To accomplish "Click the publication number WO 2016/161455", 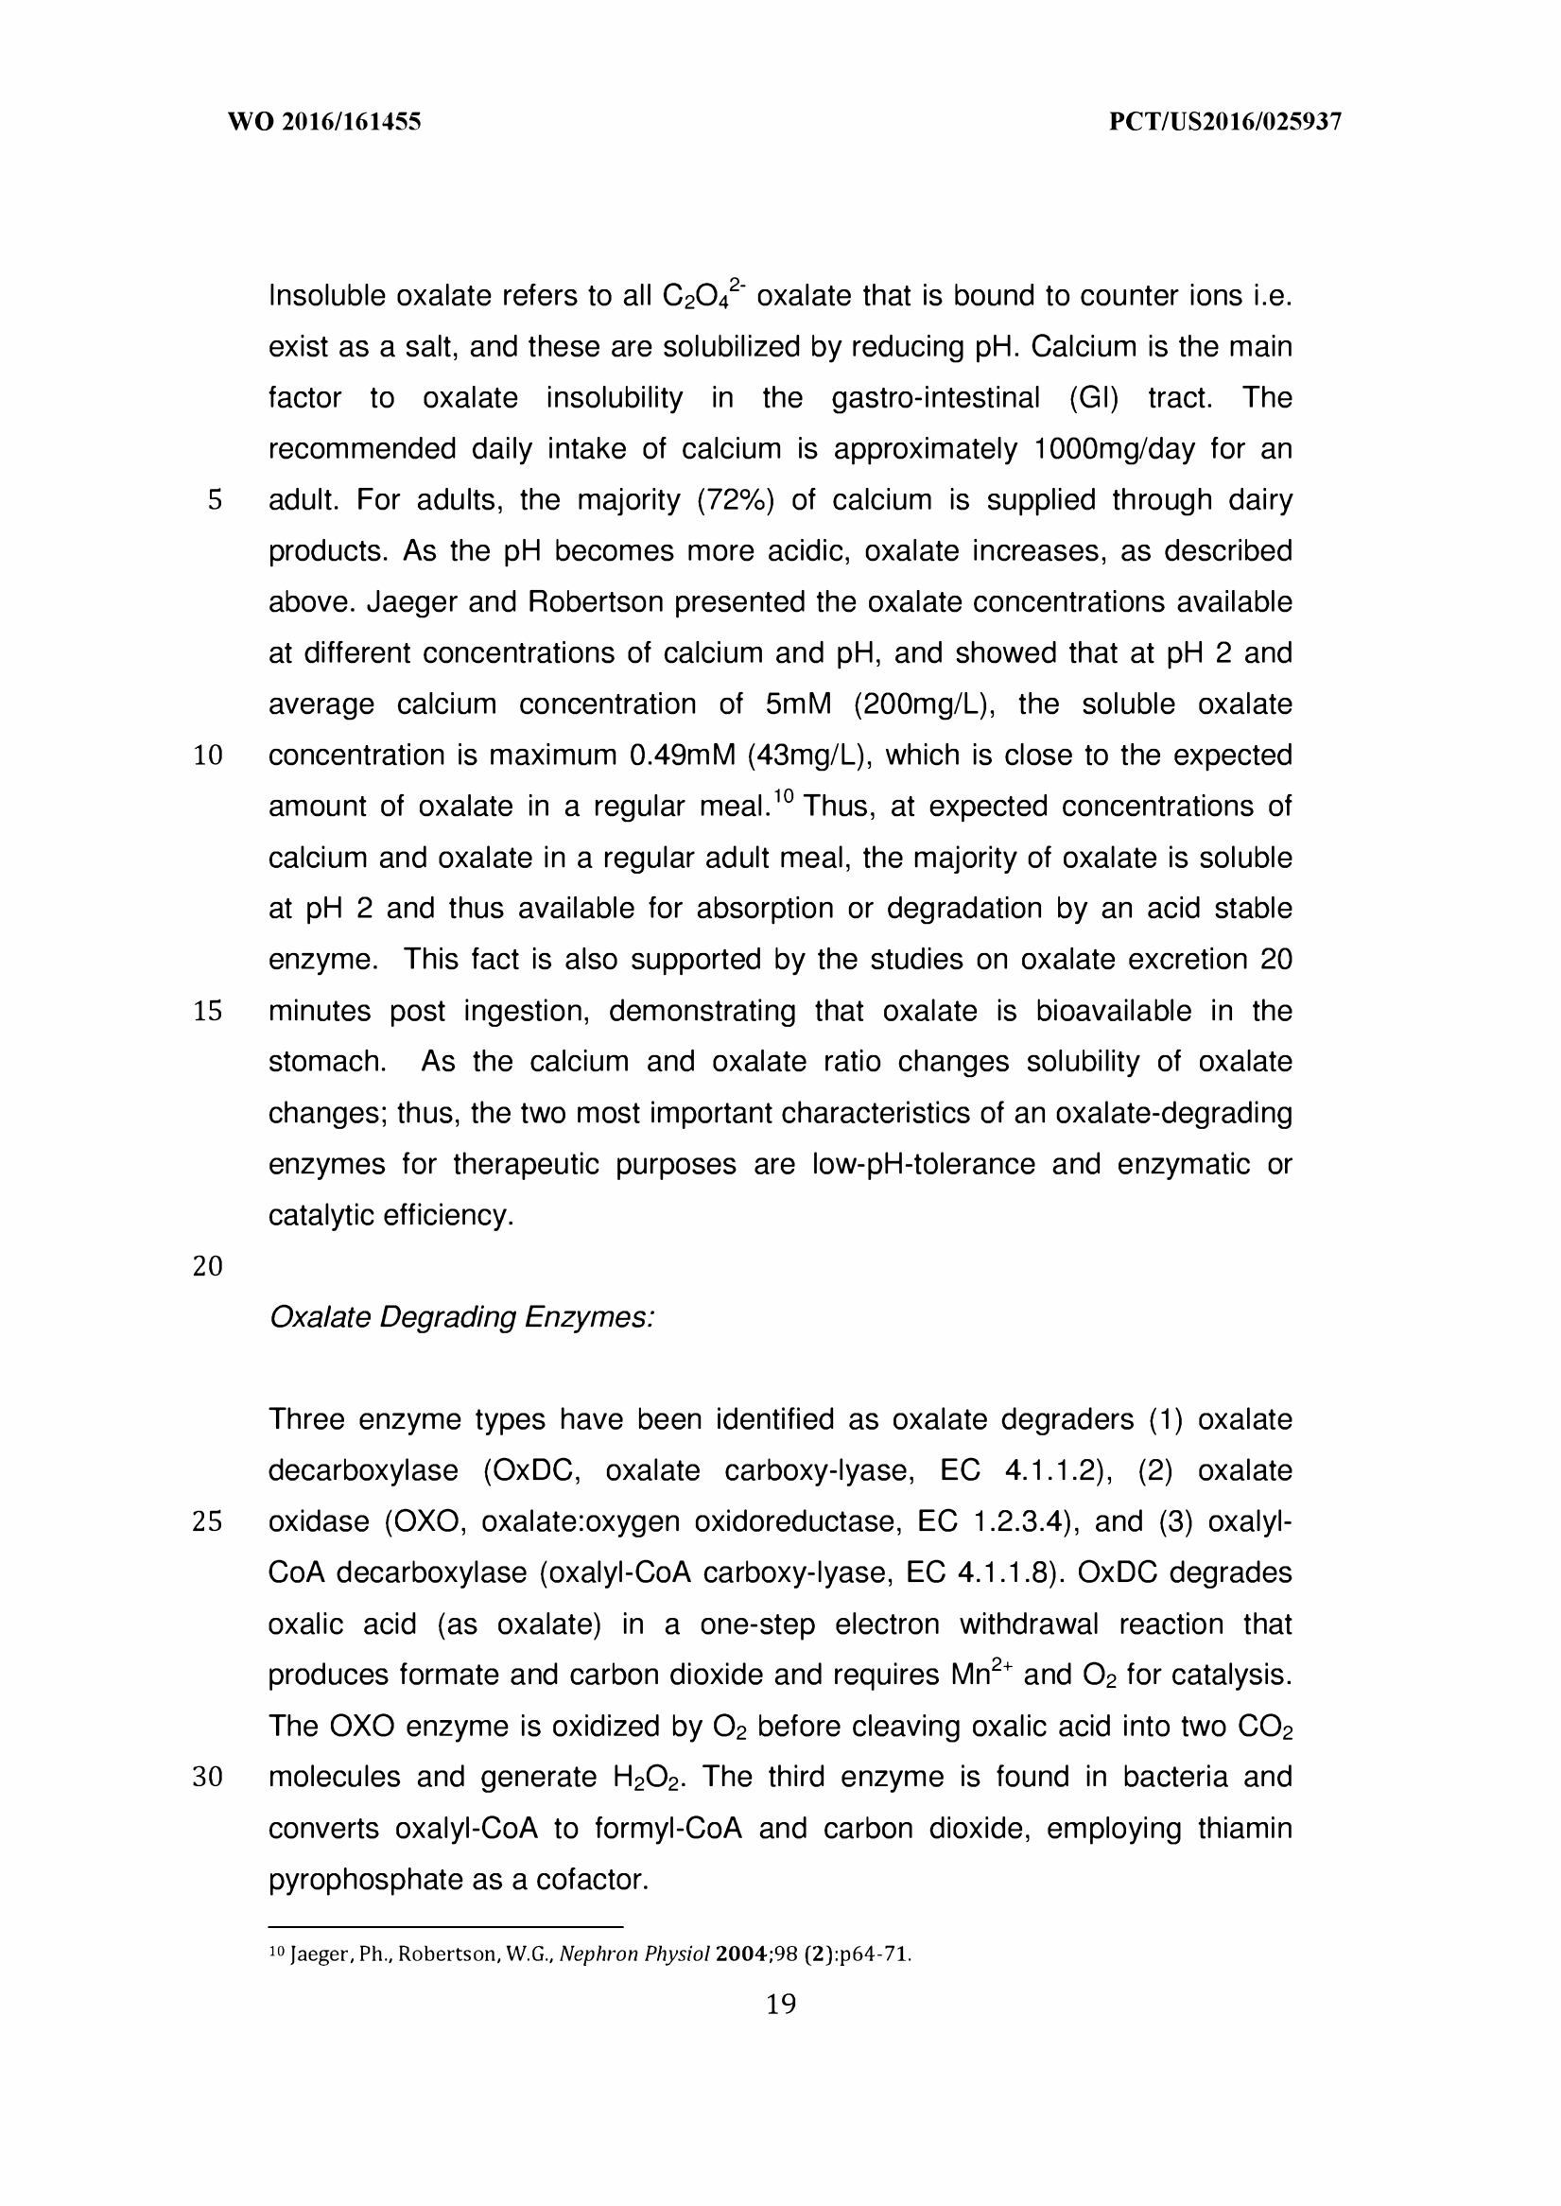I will (324, 122).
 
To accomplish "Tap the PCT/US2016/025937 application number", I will (1224, 122).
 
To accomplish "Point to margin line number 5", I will (215, 500).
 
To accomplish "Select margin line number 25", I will (208, 1521).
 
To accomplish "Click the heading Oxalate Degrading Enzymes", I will (461, 1317).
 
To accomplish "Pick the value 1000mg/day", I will (1114, 449).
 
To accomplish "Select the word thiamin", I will (1244, 1828).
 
